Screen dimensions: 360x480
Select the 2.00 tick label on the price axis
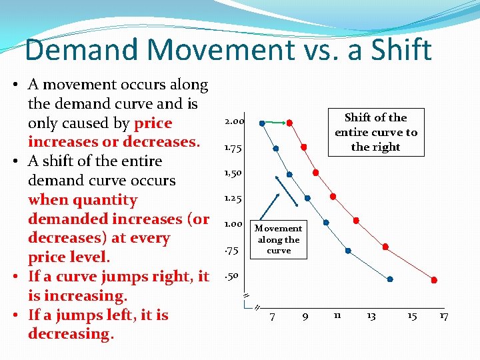235,122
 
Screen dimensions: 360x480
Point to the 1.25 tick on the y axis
233,198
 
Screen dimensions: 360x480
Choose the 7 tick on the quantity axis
272,317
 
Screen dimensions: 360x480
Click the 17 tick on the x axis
443,316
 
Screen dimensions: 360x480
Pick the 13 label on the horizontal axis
371,316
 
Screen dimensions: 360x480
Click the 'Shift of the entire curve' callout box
375,132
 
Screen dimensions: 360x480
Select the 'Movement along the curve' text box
279,239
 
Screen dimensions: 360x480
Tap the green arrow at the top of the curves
277,123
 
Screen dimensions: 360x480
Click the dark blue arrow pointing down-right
286,191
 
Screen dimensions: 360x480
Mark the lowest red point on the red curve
434,280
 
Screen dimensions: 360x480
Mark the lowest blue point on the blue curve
390,279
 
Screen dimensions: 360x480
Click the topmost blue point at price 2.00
262,123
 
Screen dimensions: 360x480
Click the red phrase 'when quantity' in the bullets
83,200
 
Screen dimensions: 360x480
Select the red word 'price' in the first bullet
153,123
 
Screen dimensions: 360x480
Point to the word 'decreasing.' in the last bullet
71,334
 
